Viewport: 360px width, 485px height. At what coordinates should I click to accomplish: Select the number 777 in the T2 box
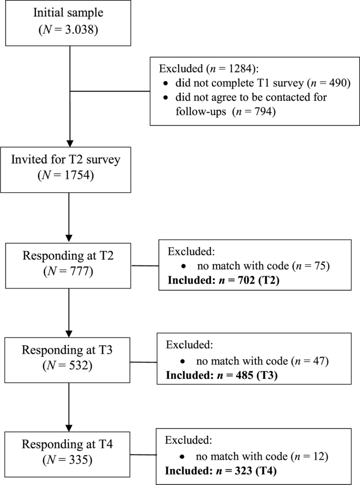tap(80, 272)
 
